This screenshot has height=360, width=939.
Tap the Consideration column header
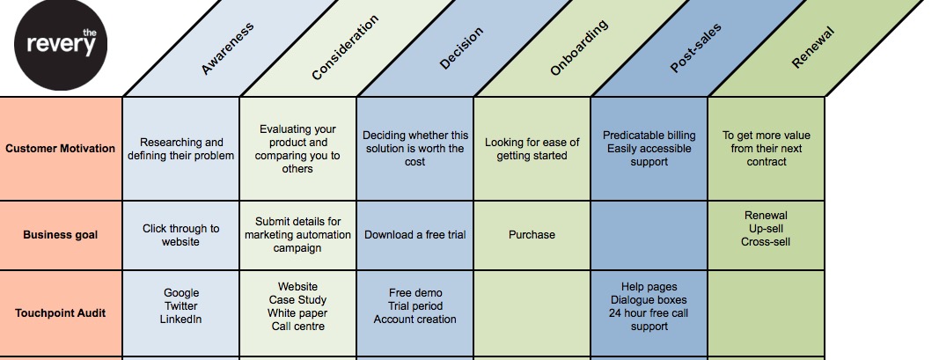345,48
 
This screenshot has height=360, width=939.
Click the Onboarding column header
579,49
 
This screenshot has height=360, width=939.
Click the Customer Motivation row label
60,148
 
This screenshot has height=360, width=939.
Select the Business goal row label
60,235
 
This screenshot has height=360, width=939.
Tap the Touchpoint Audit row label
60,312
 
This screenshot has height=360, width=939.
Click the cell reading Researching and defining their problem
180,149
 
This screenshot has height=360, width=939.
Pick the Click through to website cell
180,235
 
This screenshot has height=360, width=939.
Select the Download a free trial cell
414,235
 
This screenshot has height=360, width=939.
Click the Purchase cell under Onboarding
532,235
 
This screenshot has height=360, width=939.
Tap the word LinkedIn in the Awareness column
181,319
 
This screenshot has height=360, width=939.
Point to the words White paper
297,313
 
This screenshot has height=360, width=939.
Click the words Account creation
414,320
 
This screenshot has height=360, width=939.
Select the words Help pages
649,287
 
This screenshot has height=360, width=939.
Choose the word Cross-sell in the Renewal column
766,241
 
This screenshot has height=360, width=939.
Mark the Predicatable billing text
649,136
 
